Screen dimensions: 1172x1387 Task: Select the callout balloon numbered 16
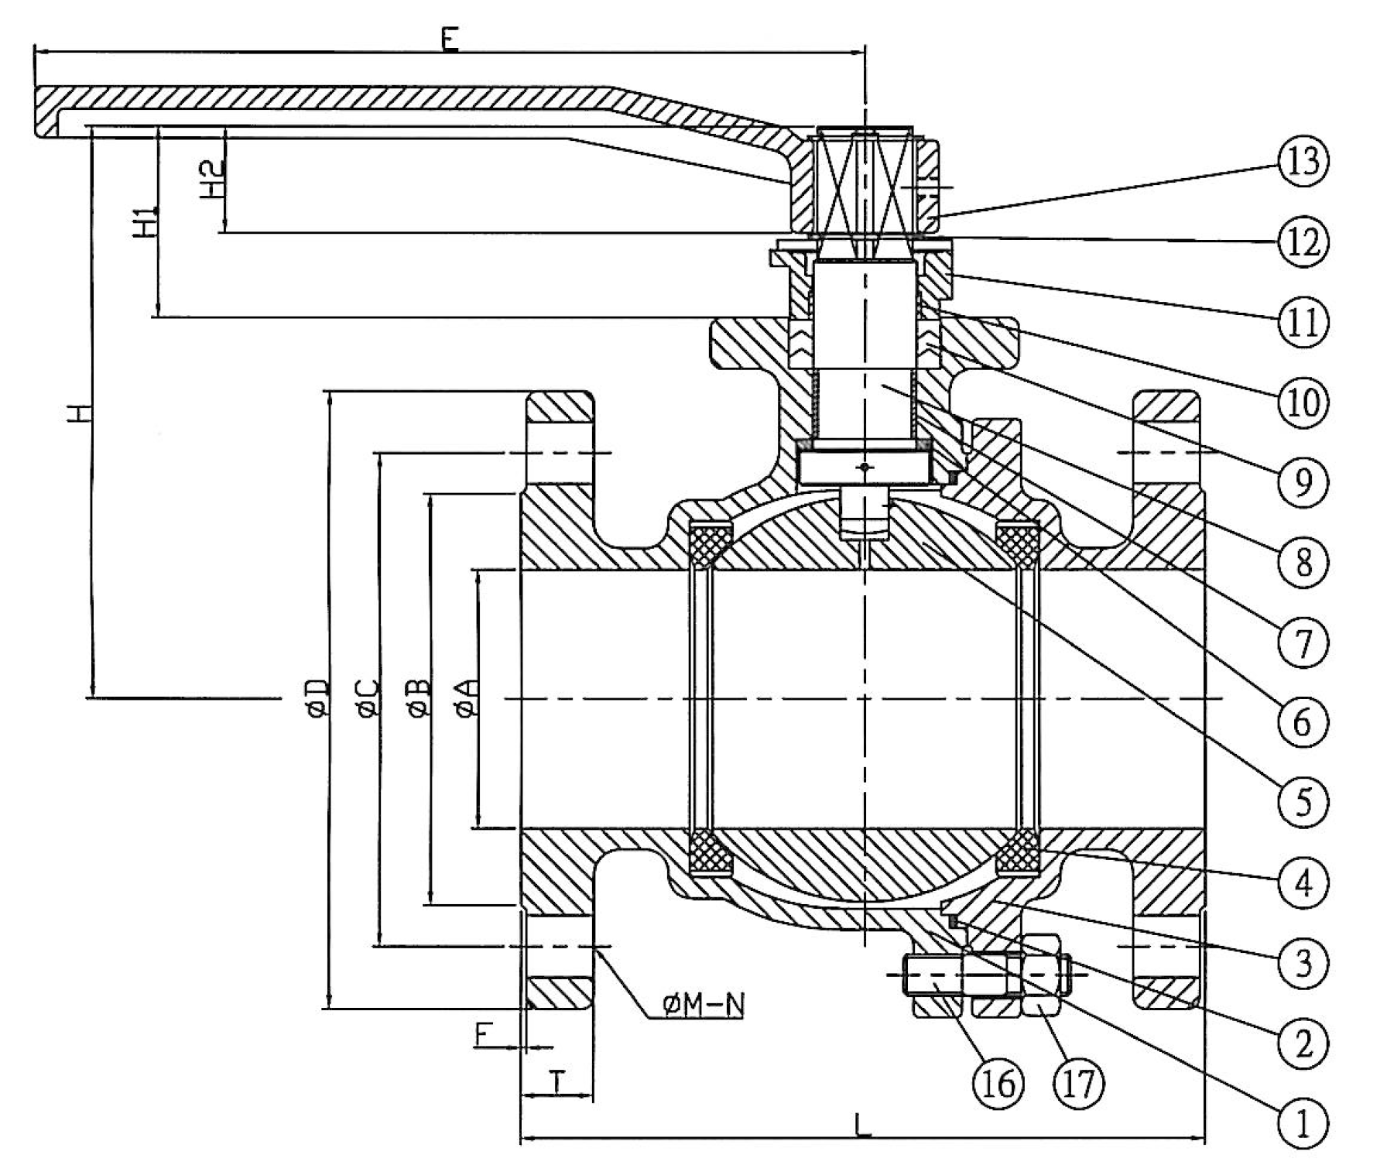click(998, 1084)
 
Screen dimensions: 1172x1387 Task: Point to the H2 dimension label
click(214, 179)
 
